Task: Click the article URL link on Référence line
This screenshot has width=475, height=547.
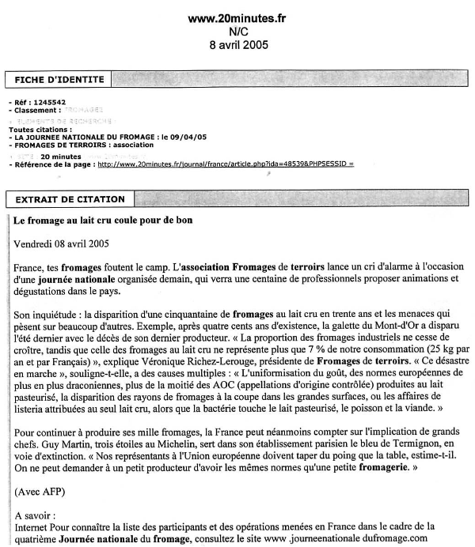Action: click(x=225, y=164)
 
